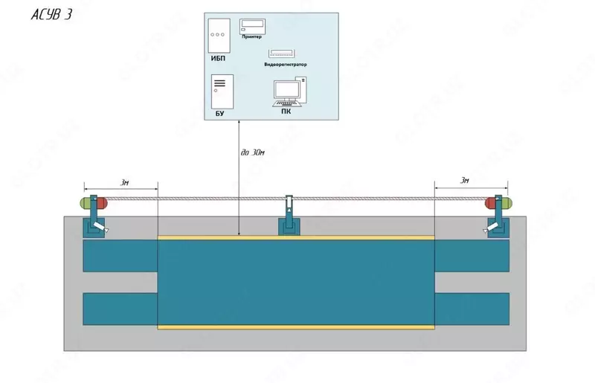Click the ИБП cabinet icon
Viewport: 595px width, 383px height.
pyautogui.click(x=218, y=34)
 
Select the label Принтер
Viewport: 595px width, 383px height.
pyautogui.click(x=253, y=38)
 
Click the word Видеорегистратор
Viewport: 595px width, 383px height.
pyautogui.click(x=284, y=65)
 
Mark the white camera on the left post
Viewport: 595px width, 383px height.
pyautogui.click(x=109, y=231)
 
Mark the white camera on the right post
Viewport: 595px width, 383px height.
pyautogui.click(x=485, y=231)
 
